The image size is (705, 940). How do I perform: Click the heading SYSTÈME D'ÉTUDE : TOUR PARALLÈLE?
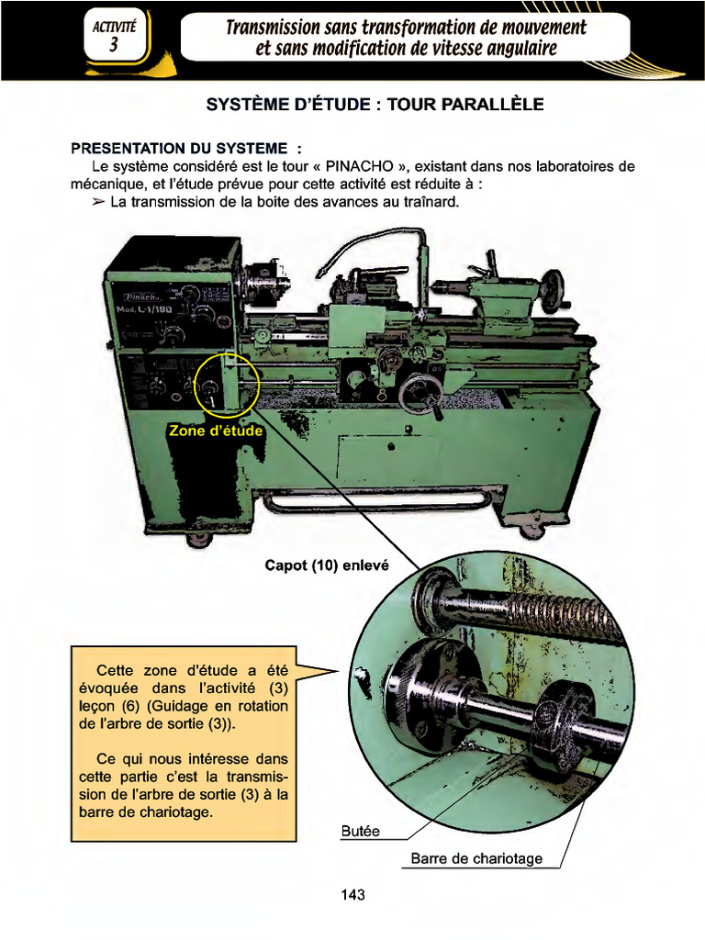point(375,105)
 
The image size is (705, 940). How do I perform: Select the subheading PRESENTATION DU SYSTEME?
point(186,149)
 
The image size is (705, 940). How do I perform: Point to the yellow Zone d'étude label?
point(216,431)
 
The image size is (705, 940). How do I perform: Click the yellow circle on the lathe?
point(218,382)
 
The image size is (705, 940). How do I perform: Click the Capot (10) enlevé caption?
point(327,565)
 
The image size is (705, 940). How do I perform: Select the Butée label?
point(360,832)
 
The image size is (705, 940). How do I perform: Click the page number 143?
point(352,894)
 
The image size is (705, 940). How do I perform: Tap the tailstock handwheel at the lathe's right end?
point(551,290)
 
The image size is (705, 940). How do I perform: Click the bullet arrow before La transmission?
point(98,201)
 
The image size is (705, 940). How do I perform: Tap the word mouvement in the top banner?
point(538,27)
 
